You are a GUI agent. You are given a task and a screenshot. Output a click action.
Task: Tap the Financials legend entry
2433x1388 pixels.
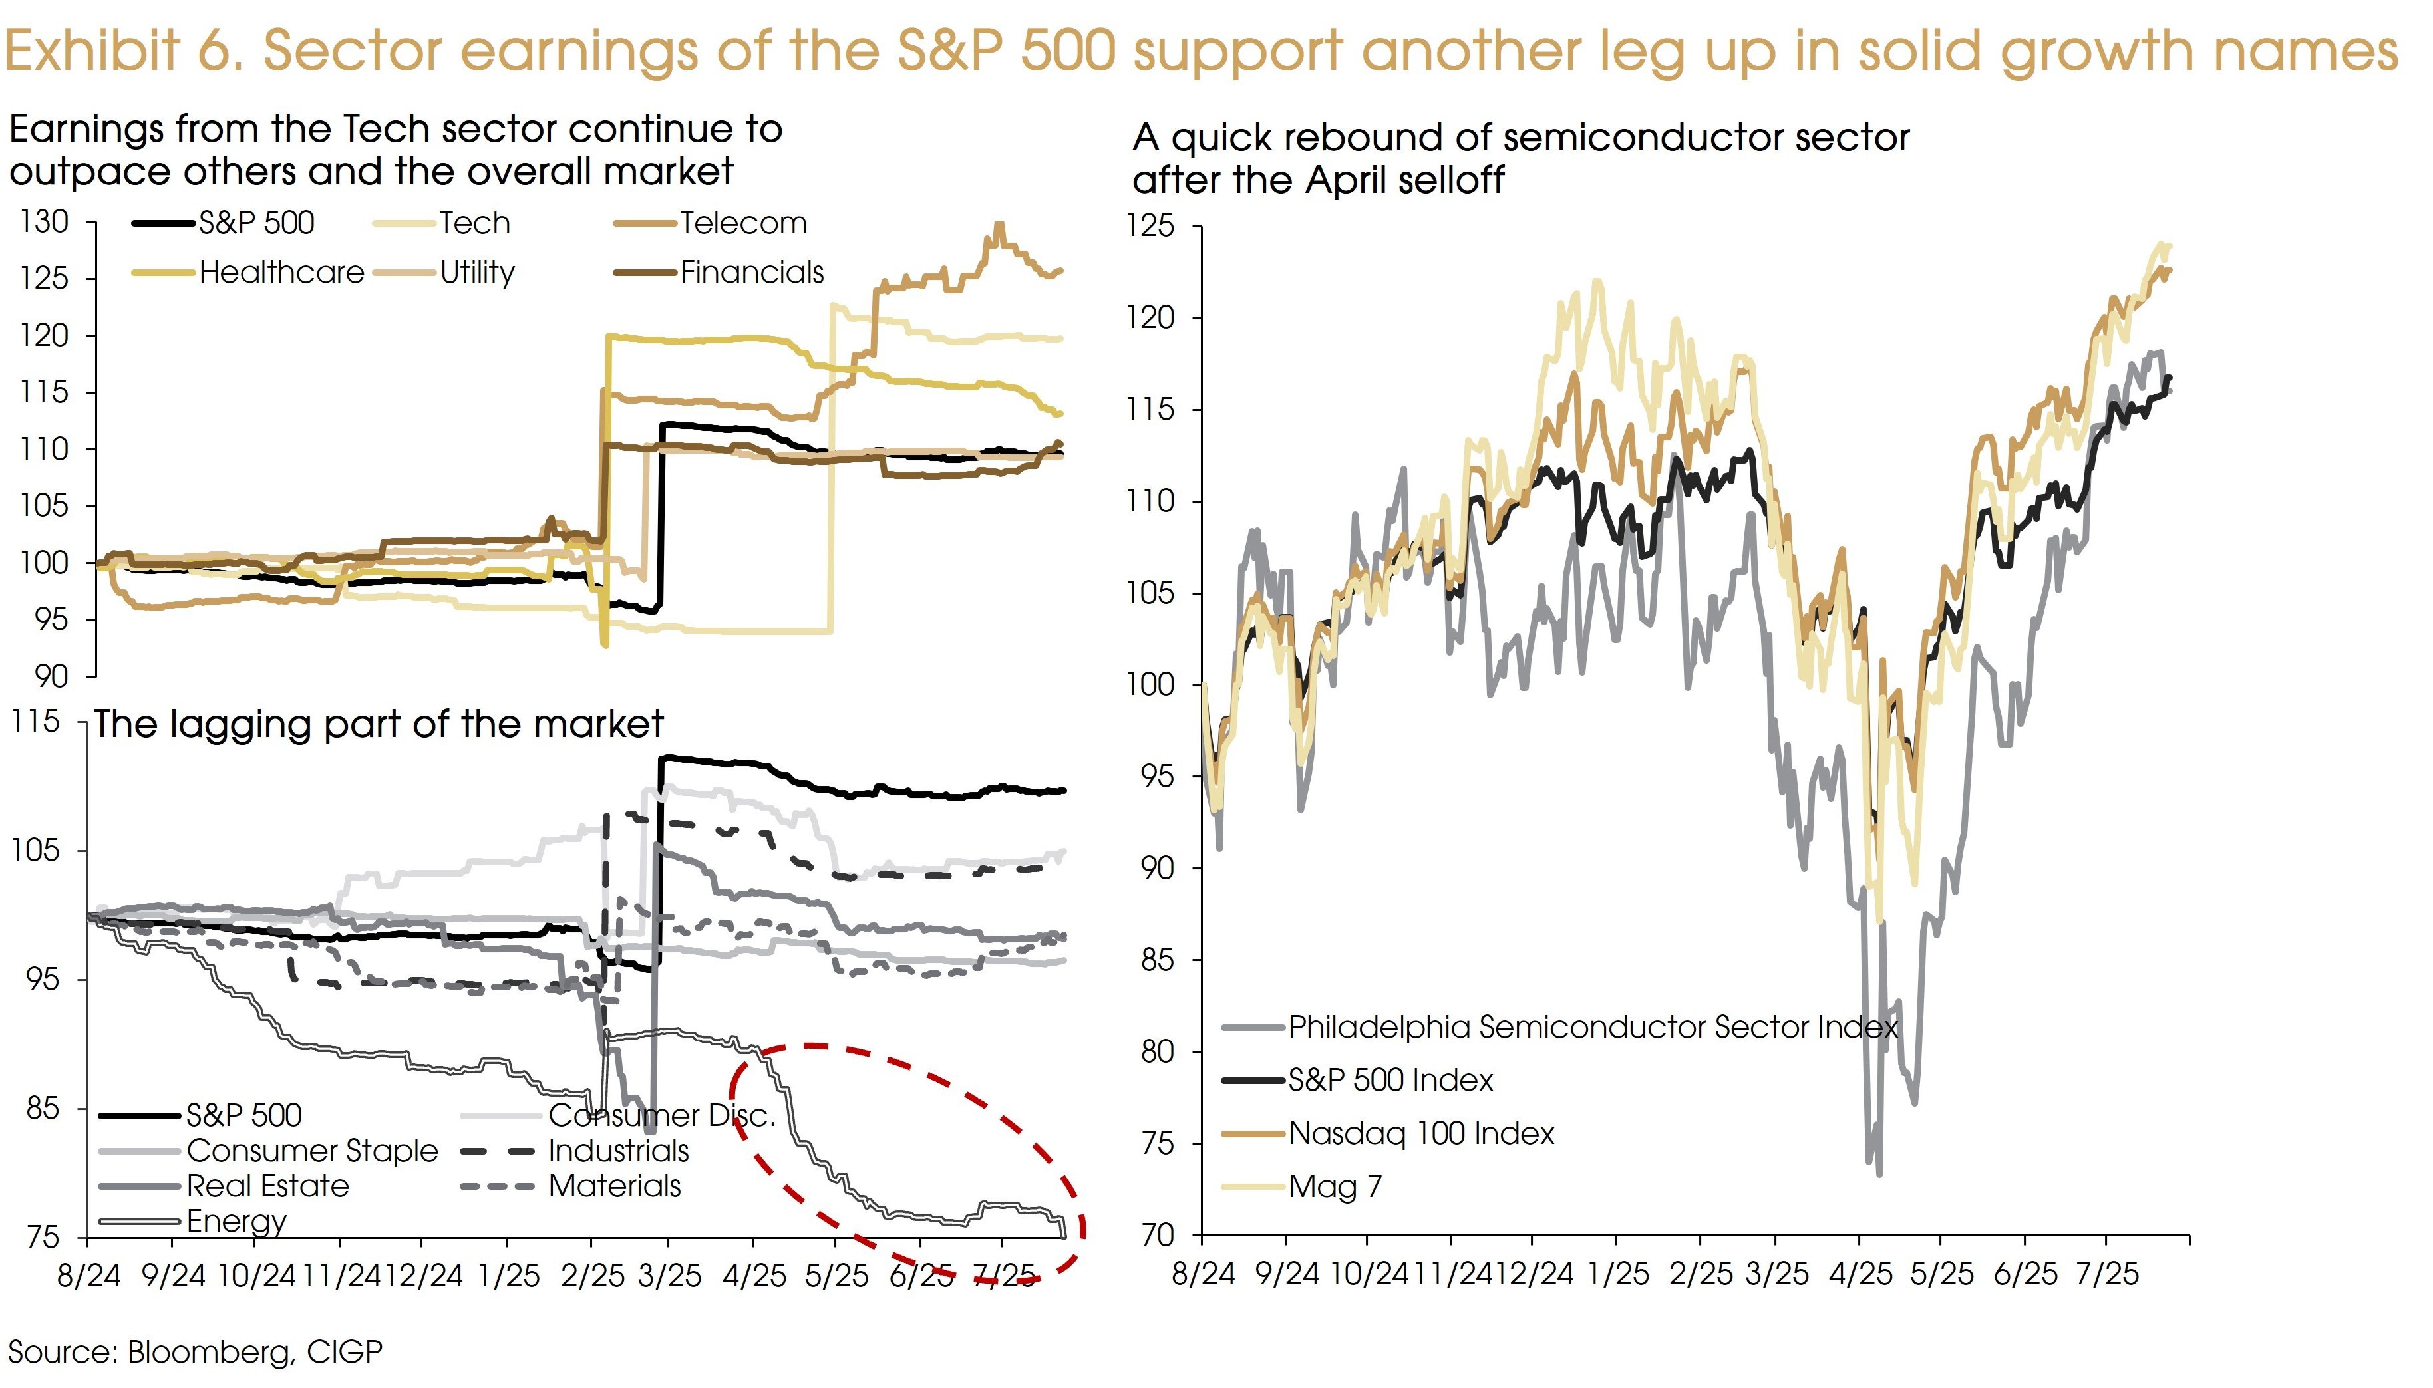pos(751,273)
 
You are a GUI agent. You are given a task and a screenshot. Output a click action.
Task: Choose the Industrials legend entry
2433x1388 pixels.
pos(618,1151)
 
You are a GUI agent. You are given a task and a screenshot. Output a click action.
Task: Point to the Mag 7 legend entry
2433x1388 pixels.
pos(1335,1187)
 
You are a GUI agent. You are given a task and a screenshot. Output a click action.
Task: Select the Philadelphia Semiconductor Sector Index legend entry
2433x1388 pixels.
pos(1592,1027)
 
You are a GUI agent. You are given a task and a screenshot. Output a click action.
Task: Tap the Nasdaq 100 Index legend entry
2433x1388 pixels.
pos(1420,1133)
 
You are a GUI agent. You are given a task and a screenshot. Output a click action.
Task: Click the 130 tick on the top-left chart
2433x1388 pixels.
pos(45,222)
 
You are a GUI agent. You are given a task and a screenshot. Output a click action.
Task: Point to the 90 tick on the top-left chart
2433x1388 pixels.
pos(51,677)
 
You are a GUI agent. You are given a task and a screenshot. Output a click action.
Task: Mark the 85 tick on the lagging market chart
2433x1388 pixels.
pos(43,1109)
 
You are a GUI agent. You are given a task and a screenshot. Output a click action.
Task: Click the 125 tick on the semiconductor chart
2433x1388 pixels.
pos(1151,226)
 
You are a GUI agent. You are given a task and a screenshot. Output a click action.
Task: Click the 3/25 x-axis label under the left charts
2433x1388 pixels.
pos(669,1276)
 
